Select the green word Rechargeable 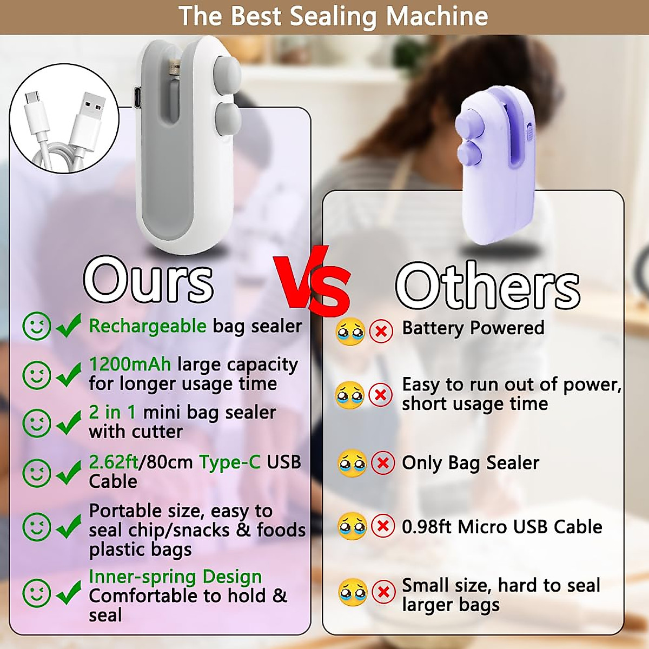pyautogui.click(x=148, y=326)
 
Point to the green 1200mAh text pyautogui.click(x=130, y=364)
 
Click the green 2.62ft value pyautogui.click(x=114, y=462)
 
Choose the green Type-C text pyautogui.click(x=230, y=462)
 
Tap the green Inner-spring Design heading pyautogui.click(x=175, y=577)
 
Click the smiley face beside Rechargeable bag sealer pyautogui.click(x=37, y=326)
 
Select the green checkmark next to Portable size pyautogui.click(x=69, y=526)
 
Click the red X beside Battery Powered pyautogui.click(x=381, y=330)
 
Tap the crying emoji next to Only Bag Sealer pyautogui.click(x=352, y=463)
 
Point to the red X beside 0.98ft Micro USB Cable pyautogui.click(x=383, y=526)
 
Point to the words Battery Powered pyautogui.click(x=473, y=328)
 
